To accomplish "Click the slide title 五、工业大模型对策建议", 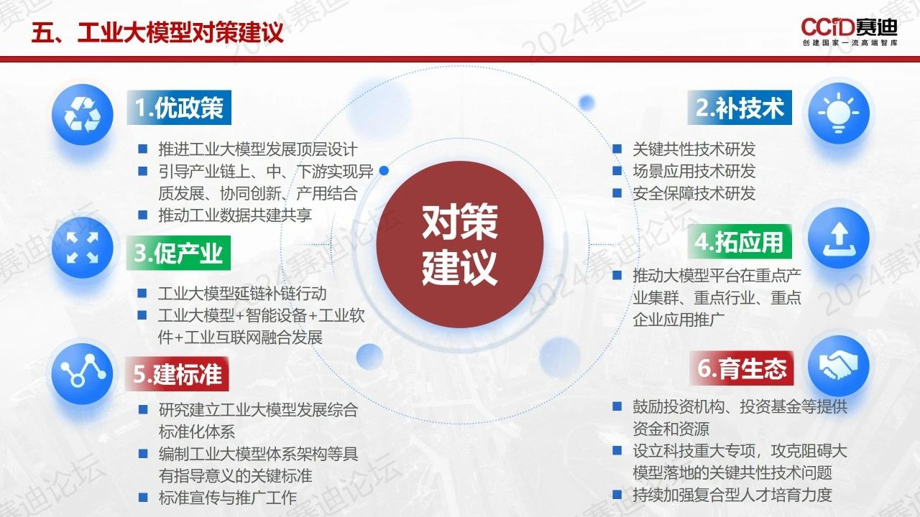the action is click(157, 32).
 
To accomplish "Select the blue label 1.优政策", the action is click(179, 108).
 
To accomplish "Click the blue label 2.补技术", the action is click(740, 108).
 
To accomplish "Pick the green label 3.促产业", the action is click(178, 253).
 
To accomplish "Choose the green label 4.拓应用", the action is click(740, 242).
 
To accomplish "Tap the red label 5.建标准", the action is click(177, 374).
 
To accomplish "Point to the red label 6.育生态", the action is click(741, 368).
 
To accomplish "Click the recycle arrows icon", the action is click(83, 114).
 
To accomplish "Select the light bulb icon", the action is click(839, 113).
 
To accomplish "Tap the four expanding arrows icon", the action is click(83, 248).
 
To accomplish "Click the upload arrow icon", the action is click(839, 238).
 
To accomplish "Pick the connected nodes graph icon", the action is click(82, 374).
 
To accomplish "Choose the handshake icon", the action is click(839, 366).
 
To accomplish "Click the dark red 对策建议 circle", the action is click(460, 245).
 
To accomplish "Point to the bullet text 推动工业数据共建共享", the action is click(235, 215).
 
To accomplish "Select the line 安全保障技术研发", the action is click(694, 193).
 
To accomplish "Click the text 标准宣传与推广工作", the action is click(228, 498).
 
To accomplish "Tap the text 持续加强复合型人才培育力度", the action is click(732, 495).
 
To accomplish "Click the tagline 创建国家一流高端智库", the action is click(850, 42).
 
